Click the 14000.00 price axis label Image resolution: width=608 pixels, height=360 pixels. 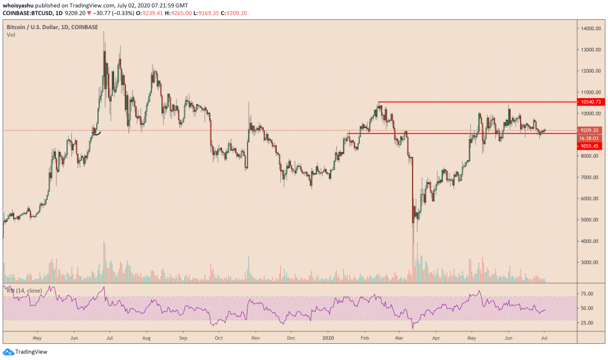(x=589, y=29)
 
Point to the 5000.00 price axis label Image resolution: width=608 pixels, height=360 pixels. (x=589, y=220)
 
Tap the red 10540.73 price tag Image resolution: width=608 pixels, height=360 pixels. (x=589, y=101)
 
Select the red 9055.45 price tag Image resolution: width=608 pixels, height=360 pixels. (x=589, y=146)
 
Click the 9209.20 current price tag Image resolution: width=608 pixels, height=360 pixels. (x=589, y=130)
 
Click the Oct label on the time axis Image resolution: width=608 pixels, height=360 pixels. (x=218, y=339)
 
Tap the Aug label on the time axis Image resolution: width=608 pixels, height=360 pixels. (x=146, y=339)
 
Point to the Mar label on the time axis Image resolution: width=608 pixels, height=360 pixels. (x=400, y=339)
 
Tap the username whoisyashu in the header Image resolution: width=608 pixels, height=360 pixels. (x=20, y=5)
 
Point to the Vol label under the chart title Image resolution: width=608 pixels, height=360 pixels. (x=11, y=35)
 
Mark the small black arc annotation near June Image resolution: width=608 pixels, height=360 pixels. (x=96, y=131)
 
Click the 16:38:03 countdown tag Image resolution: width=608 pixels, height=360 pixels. (x=589, y=138)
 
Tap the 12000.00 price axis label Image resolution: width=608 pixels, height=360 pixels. (x=589, y=71)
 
